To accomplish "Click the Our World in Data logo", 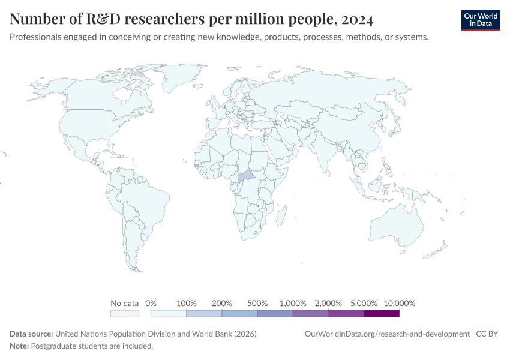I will coord(480,20).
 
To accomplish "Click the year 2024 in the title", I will coord(357,20).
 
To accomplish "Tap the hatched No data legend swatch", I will coord(125,313).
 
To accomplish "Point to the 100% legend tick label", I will coord(187,303).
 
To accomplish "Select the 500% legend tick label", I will coord(257,303).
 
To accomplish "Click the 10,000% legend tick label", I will coord(399,303).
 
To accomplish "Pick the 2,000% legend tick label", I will coord(329,303).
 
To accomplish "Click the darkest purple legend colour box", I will coord(382,313).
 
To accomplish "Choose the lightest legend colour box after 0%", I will coord(169,313).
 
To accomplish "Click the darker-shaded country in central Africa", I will coord(247,178).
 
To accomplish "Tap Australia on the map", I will coord(397,229).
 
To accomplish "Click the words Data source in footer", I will coord(32,334).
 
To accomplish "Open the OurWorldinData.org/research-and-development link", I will coord(387,334).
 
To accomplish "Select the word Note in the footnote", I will coord(19,346).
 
